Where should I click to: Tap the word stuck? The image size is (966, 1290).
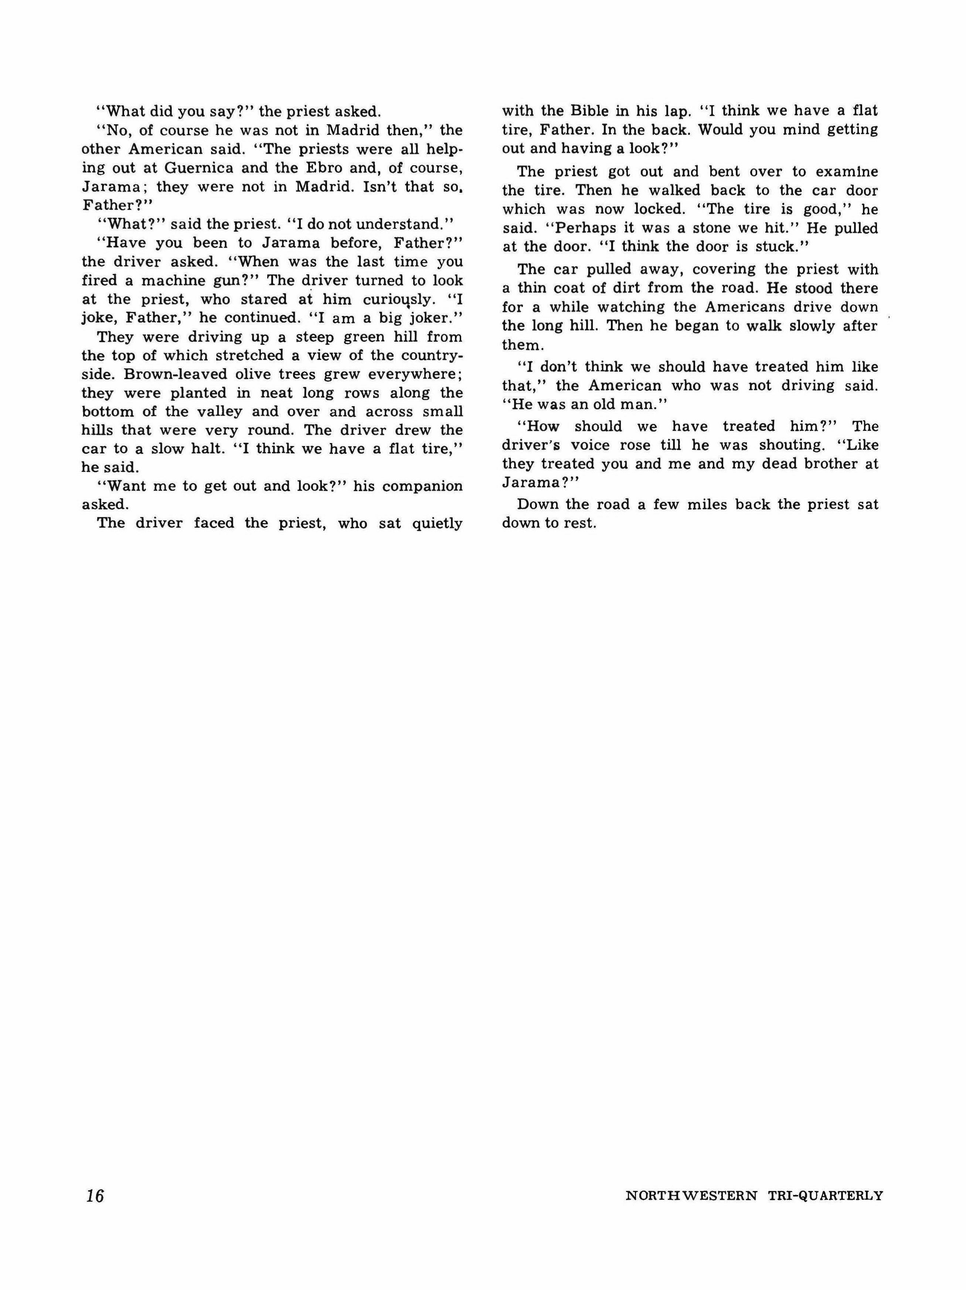pyautogui.click(x=779, y=247)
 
